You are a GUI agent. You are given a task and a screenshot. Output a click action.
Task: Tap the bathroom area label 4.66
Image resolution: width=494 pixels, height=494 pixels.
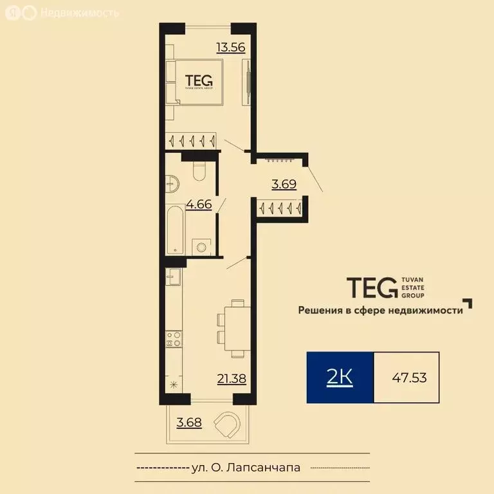click(x=199, y=206)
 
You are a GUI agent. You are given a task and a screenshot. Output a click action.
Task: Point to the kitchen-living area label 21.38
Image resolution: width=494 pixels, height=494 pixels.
click(x=232, y=379)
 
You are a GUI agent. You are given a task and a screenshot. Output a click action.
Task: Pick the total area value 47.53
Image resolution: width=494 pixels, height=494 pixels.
click(x=409, y=378)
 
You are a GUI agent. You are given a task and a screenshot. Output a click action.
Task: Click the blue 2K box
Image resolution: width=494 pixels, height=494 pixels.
click(x=340, y=378)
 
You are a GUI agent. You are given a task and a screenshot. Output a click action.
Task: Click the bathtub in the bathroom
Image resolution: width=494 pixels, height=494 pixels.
click(x=174, y=230)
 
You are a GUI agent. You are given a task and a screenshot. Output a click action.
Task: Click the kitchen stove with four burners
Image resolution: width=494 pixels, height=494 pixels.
click(x=173, y=338)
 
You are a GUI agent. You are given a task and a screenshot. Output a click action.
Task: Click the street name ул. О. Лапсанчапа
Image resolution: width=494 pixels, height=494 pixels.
click(x=246, y=468)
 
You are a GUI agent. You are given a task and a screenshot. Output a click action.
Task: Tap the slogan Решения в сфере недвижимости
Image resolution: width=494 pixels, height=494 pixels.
click(x=380, y=310)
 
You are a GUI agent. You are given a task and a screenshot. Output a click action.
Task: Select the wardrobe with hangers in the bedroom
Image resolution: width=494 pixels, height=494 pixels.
click(x=191, y=140)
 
